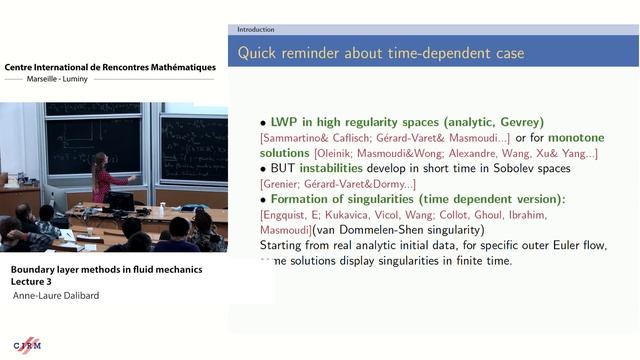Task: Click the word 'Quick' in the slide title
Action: (x=262, y=51)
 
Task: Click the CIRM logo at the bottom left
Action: (x=27, y=345)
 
